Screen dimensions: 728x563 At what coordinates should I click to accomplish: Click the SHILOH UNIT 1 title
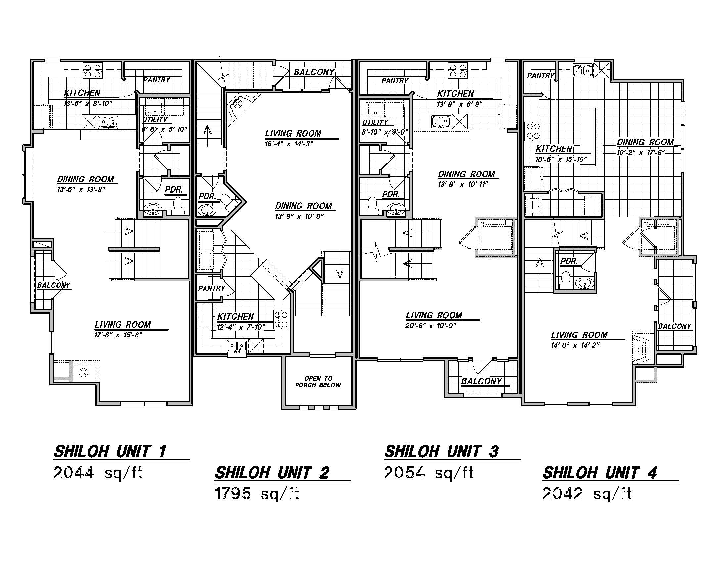point(110,452)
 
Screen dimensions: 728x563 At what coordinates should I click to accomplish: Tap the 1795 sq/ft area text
point(257,494)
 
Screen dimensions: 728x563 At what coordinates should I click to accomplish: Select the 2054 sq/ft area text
point(429,473)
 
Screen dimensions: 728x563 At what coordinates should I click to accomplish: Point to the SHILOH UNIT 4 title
point(600,473)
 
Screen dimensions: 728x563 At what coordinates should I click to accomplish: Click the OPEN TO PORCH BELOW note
point(318,382)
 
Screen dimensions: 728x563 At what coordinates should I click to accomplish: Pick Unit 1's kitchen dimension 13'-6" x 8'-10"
point(88,104)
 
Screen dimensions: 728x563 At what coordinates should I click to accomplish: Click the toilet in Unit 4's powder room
point(565,280)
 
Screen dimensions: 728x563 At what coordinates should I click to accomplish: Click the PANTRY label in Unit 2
point(212,288)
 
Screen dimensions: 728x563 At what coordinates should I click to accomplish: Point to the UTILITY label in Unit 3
point(375,123)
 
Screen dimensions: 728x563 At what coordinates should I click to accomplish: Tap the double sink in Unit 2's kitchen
point(237,346)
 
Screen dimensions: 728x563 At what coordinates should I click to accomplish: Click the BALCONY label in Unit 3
point(481,381)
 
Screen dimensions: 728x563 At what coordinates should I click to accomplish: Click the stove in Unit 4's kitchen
point(533,131)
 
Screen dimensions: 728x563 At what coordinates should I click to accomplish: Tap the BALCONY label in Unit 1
point(54,285)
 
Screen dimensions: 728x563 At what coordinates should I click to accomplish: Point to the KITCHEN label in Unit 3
point(455,94)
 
